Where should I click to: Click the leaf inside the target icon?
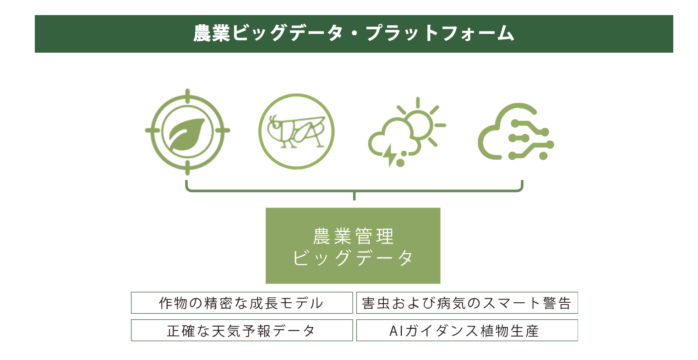186,135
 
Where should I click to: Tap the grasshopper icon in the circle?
296,131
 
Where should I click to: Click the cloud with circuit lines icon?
516,131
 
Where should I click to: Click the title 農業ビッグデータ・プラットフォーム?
354,33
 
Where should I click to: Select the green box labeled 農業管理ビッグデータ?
353,245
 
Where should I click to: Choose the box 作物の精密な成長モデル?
242,303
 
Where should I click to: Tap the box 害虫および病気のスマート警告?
467,303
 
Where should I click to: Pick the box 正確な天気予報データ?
242,330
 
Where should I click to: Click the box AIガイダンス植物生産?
467,330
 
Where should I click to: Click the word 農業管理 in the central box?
354,236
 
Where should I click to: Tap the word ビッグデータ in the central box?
353,258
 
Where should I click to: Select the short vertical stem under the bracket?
354,196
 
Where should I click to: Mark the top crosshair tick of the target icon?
187,96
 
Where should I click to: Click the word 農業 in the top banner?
212,33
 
